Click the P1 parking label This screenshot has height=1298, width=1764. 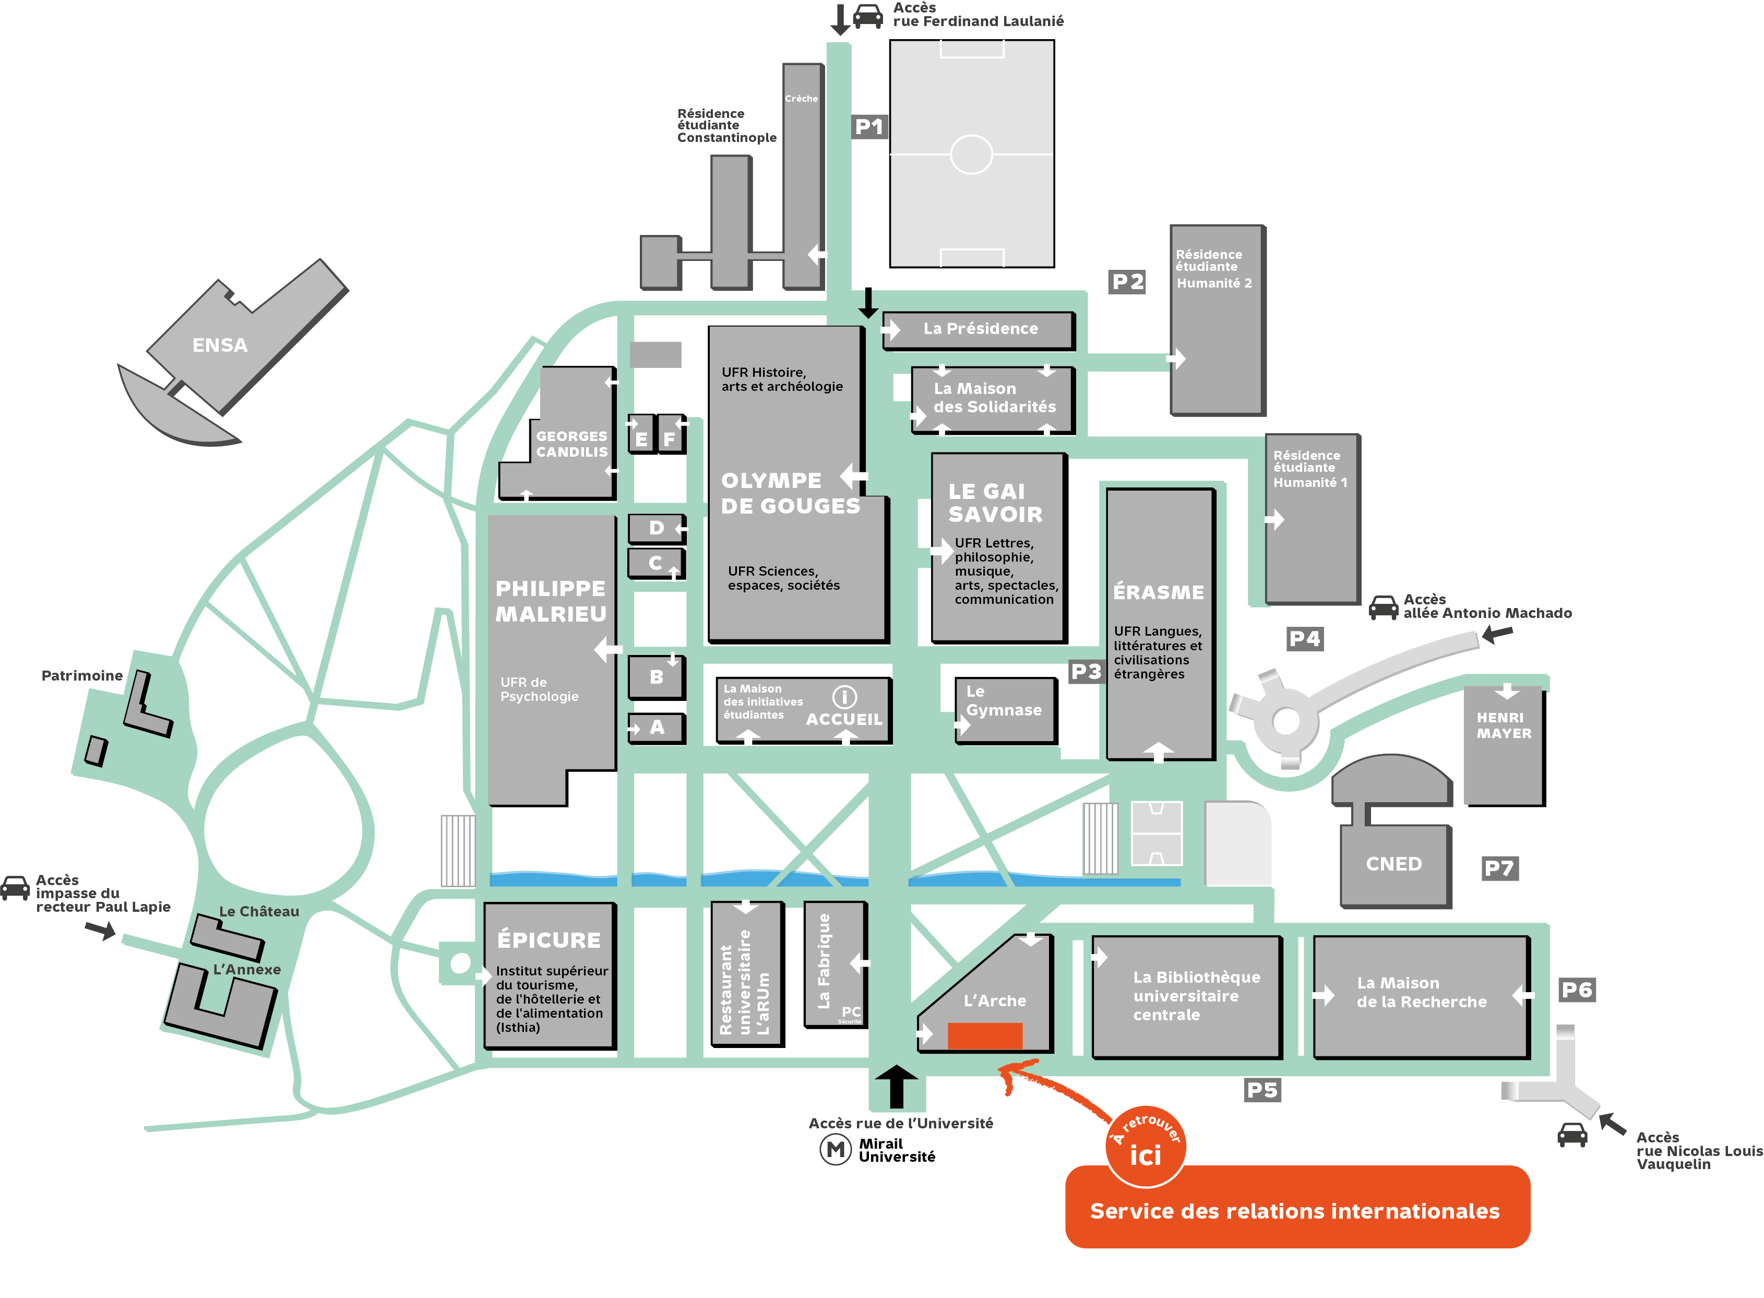(868, 126)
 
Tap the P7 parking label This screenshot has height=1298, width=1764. (1498, 868)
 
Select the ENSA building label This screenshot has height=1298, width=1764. (220, 345)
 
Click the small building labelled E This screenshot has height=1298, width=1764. (641, 437)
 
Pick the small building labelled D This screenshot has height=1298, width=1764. (656, 528)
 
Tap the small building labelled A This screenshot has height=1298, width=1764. (657, 728)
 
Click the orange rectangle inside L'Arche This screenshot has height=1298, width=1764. (984, 1035)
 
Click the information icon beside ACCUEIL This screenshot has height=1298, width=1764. (844, 697)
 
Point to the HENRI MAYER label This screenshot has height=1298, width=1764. (1503, 726)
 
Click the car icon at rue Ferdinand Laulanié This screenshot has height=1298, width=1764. (867, 17)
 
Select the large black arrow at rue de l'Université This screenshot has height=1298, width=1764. (896, 1086)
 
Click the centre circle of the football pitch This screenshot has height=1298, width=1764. (971, 154)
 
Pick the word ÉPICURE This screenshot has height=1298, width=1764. (549, 940)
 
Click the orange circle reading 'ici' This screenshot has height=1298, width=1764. (1145, 1148)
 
